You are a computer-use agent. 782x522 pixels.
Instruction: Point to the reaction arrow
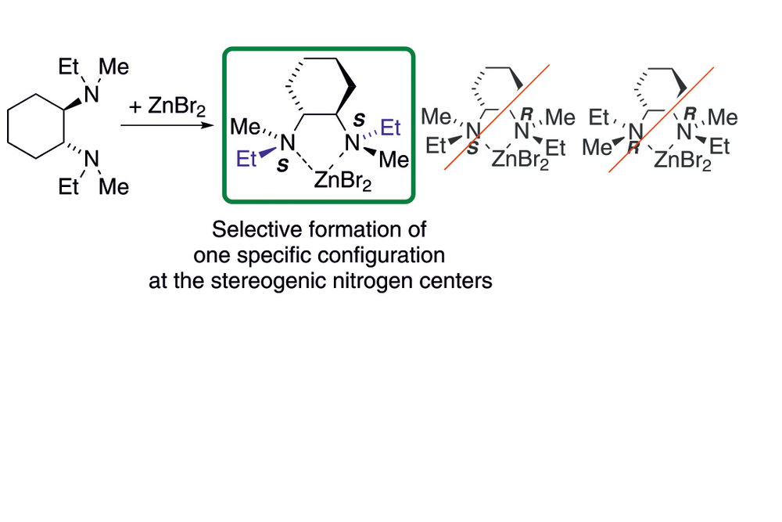click(x=164, y=125)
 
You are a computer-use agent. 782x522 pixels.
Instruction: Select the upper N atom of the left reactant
click(x=92, y=94)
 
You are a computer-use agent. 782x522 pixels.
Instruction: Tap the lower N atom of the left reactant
click(x=92, y=159)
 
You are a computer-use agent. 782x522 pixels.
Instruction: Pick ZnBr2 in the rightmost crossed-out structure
click(x=682, y=161)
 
